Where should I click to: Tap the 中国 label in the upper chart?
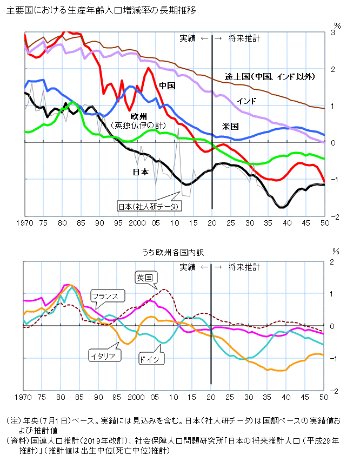point(167,86)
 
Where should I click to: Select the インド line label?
point(246,101)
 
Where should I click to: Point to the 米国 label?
point(230,126)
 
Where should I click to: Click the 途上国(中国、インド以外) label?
point(270,77)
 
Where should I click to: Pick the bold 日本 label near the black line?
point(141,172)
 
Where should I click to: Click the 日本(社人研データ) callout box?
point(150,206)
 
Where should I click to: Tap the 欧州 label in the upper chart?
point(139,116)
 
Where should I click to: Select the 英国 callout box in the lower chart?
point(145,278)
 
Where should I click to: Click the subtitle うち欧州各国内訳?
point(174,252)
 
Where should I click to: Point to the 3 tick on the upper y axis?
point(334,32)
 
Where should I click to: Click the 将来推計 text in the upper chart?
point(244,38)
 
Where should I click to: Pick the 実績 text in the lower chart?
point(188,267)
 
